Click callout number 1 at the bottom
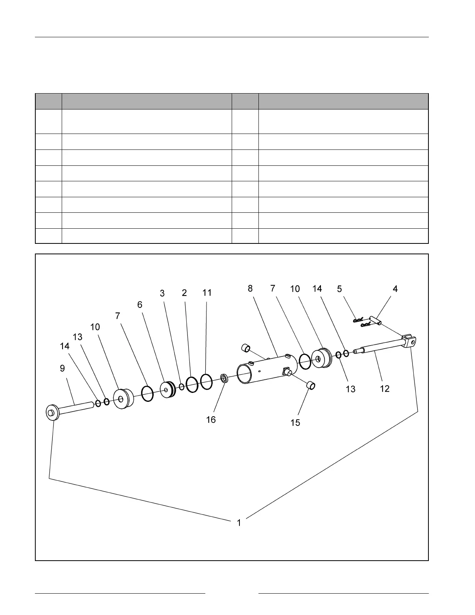click(x=239, y=523)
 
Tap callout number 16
click(x=211, y=420)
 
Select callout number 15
click(x=295, y=422)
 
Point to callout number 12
click(x=385, y=389)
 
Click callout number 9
click(x=62, y=368)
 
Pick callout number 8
click(x=250, y=288)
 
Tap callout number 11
click(x=207, y=293)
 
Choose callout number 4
click(x=395, y=289)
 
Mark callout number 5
click(x=340, y=289)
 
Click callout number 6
click(x=140, y=305)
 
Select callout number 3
click(x=162, y=293)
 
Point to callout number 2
click(x=184, y=293)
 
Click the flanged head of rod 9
click(x=51, y=412)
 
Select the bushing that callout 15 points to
click(x=310, y=386)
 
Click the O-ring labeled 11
click(x=206, y=381)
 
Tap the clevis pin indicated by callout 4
click(x=375, y=320)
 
